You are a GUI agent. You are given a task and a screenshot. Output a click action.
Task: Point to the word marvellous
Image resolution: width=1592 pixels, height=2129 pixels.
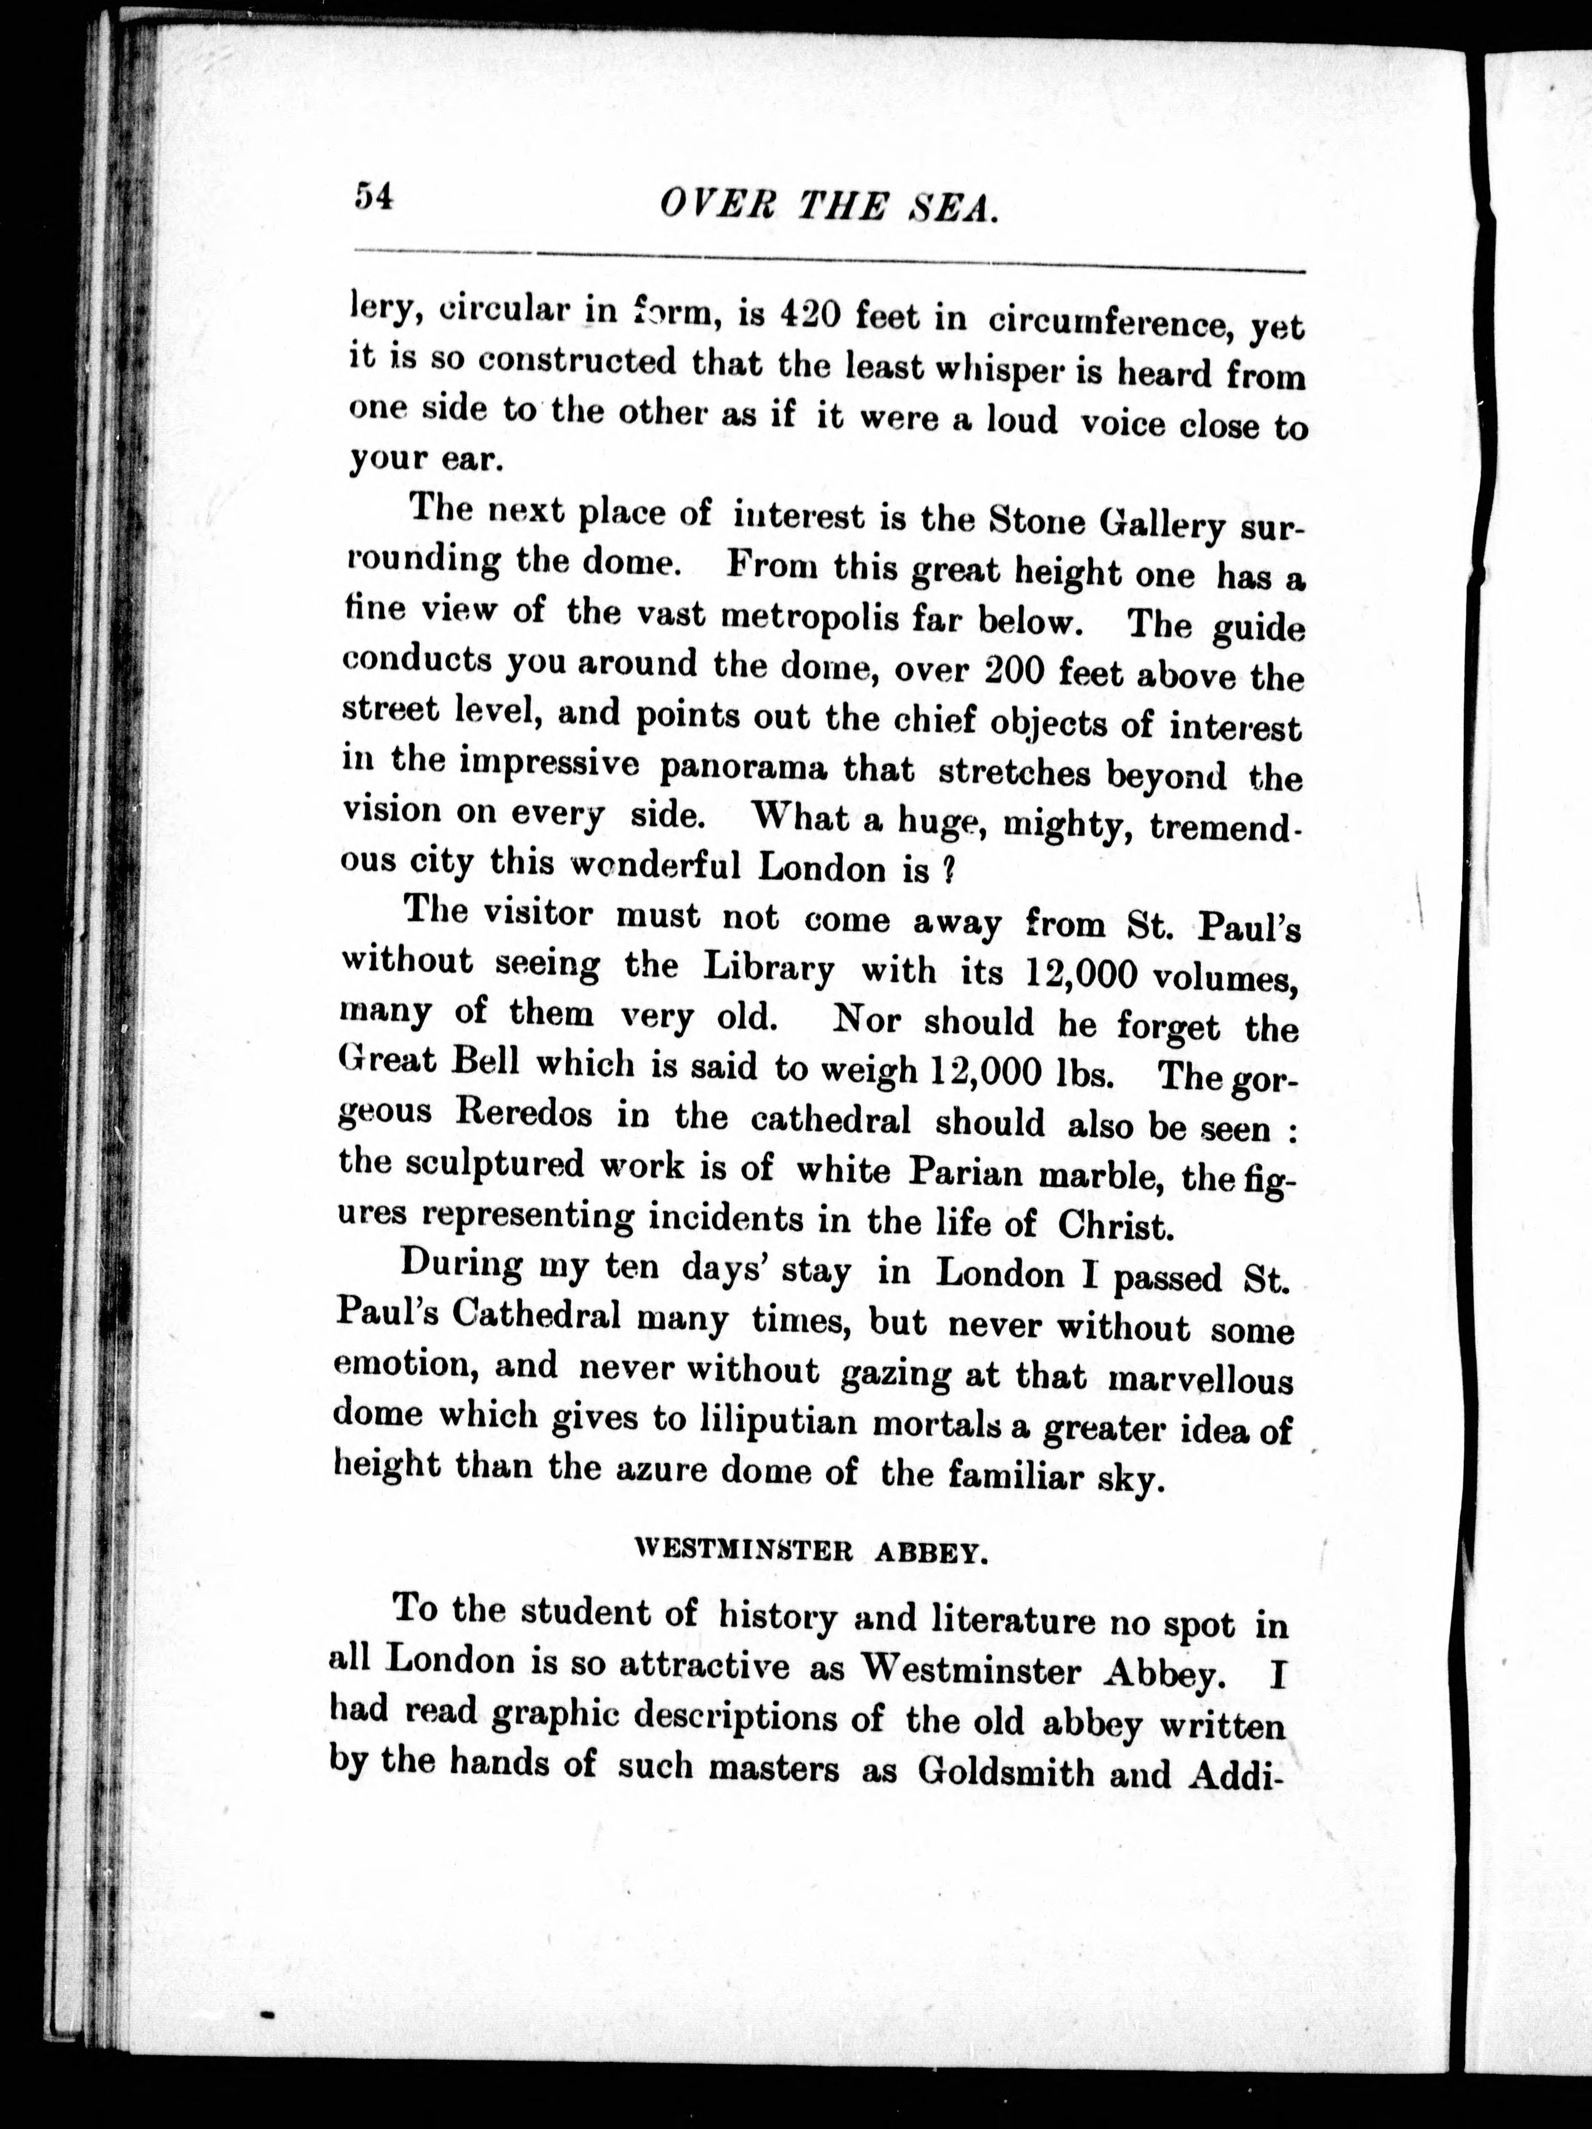[1200, 1378]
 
